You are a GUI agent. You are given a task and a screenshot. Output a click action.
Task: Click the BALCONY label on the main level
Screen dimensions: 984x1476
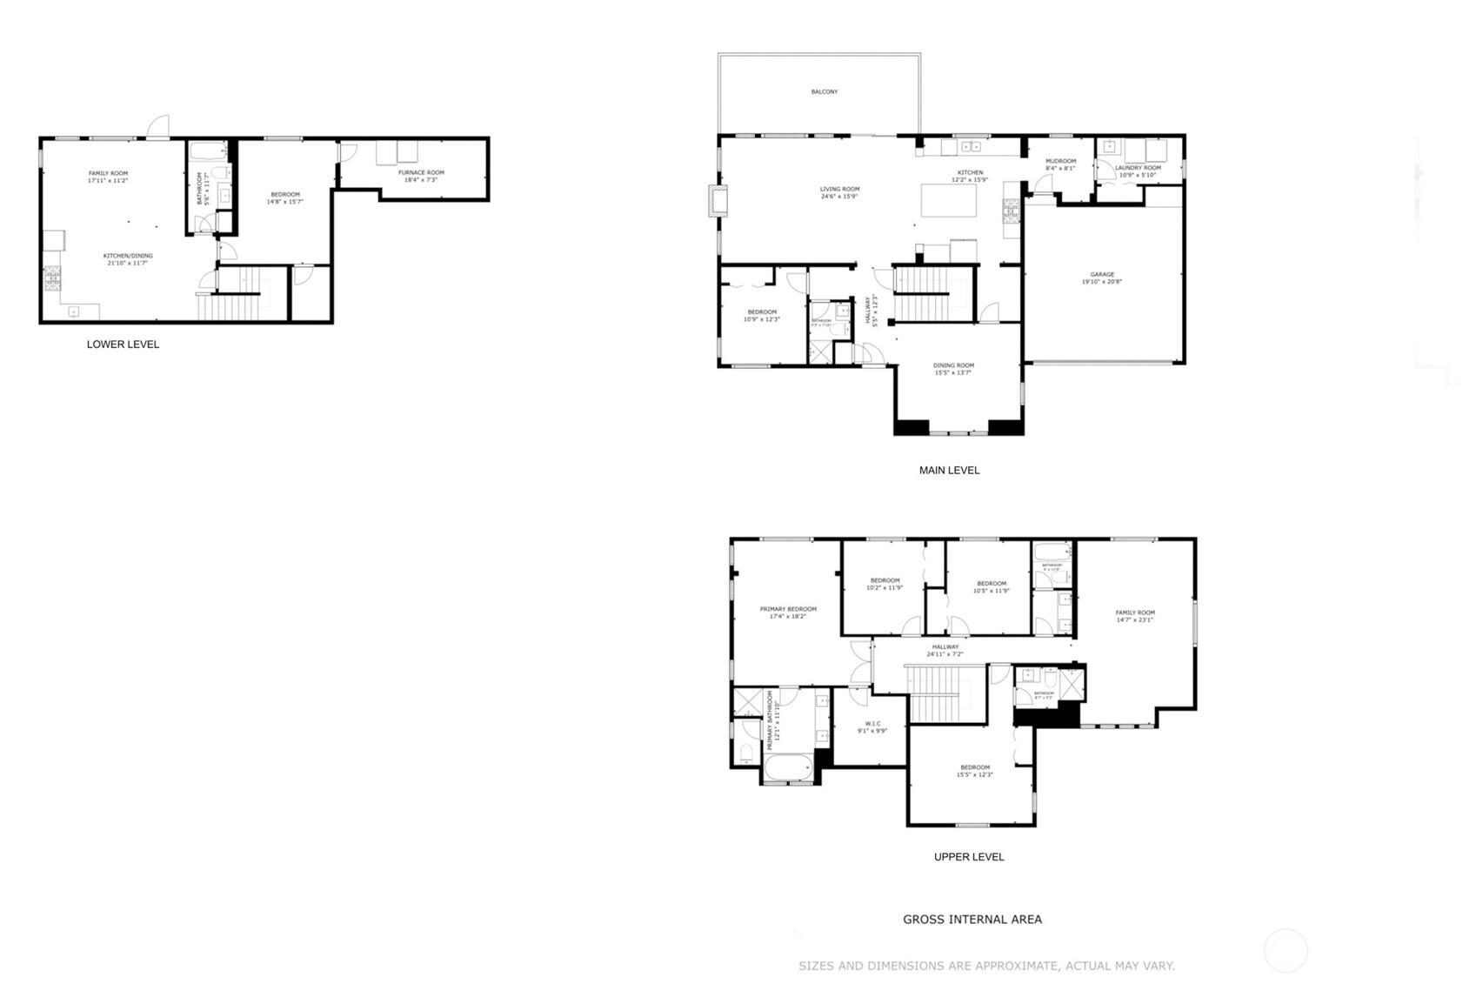(824, 91)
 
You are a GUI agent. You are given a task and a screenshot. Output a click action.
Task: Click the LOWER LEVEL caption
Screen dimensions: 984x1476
(123, 345)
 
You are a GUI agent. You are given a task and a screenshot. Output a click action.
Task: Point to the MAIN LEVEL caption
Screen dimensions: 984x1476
(949, 471)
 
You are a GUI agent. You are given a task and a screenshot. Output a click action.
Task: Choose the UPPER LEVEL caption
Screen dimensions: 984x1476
(968, 857)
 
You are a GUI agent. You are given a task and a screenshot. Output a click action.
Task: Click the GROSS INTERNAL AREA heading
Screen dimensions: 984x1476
(972, 920)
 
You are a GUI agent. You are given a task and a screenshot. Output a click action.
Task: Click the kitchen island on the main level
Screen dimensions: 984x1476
(948, 201)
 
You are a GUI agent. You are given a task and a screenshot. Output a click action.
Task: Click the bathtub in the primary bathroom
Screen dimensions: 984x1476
(789, 769)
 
